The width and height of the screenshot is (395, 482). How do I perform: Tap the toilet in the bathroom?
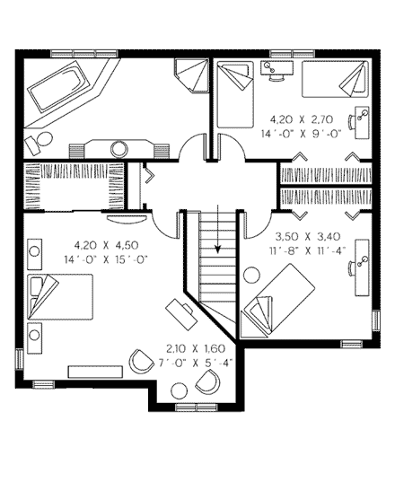pos(36,142)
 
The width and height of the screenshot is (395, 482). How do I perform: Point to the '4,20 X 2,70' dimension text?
pos(300,118)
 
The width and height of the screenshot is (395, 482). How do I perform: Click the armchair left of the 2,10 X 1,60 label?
pos(142,361)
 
